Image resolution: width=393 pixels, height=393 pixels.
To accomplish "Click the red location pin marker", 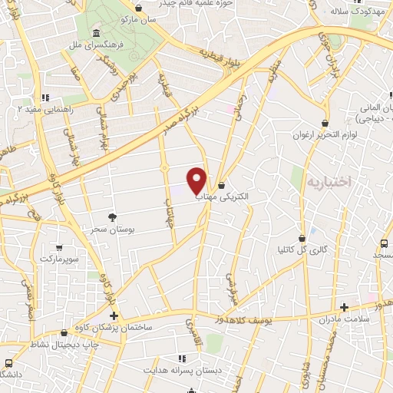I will (x=197, y=180).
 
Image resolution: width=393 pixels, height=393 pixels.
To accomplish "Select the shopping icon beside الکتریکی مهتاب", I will (x=222, y=185).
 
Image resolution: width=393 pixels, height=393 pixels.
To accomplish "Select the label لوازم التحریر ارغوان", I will (x=326, y=135).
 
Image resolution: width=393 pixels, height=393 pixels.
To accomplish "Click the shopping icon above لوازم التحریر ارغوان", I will (x=326, y=123).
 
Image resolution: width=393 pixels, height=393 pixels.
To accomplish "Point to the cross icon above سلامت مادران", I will (x=344, y=307).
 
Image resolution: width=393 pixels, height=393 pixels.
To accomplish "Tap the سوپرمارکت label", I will (x=60, y=260).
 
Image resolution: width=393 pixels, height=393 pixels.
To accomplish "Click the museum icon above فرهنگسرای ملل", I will (x=95, y=33).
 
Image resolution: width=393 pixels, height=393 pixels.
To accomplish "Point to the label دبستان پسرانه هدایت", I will (x=183, y=370).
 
